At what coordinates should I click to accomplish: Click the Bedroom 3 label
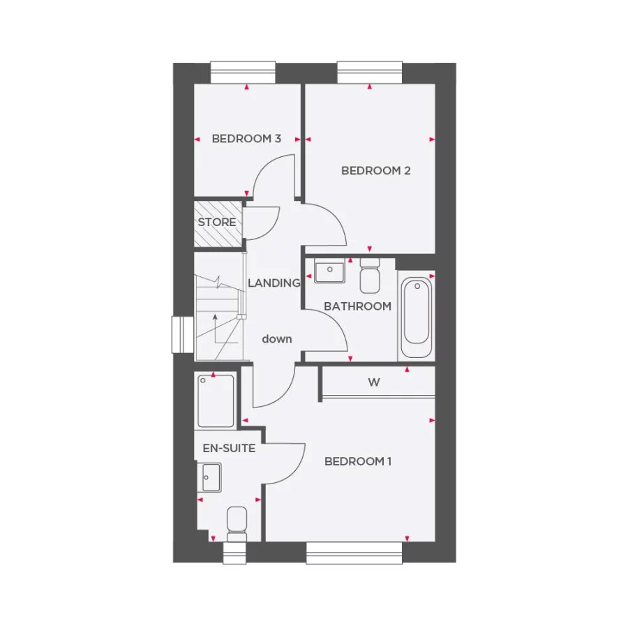(246, 139)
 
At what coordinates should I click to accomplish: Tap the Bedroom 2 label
(375, 170)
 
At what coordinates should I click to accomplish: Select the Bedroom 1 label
(359, 461)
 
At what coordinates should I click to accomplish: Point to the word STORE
(217, 223)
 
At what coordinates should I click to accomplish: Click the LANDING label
(274, 283)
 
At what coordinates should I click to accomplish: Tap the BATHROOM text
(357, 306)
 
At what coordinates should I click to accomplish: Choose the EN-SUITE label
(229, 448)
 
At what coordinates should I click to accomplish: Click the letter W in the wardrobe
(374, 382)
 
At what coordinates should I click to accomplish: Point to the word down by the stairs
(277, 339)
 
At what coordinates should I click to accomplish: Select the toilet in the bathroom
(370, 276)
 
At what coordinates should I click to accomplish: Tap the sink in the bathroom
(329, 271)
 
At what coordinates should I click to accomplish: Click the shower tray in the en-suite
(216, 401)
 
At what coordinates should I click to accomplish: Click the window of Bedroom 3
(244, 73)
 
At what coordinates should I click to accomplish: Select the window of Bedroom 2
(370, 73)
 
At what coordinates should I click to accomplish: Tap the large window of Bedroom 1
(354, 553)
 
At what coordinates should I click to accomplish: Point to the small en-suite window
(234, 553)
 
